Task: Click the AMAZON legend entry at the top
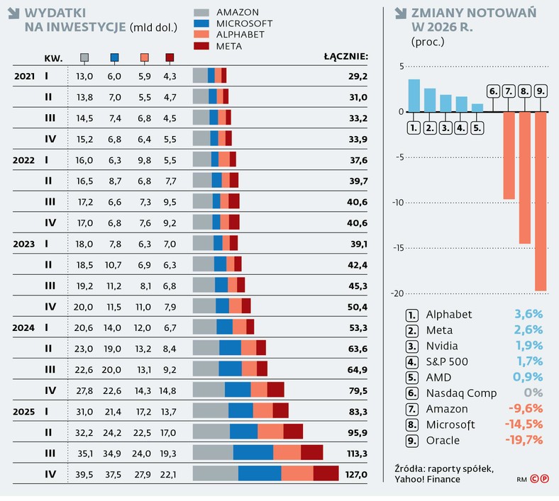[x=237, y=12]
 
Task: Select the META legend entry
[x=228, y=46]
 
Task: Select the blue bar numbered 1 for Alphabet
[x=414, y=96]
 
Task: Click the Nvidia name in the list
[x=442, y=346]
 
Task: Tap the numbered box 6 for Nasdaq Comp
[x=493, y=91]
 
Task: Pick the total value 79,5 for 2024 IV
[x=355, y=390]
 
